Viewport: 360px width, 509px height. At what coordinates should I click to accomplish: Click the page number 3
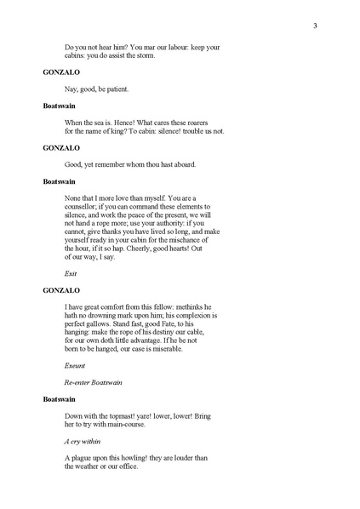click(x=314, y=26)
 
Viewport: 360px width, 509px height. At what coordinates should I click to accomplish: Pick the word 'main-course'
click(x=137, y=423)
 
